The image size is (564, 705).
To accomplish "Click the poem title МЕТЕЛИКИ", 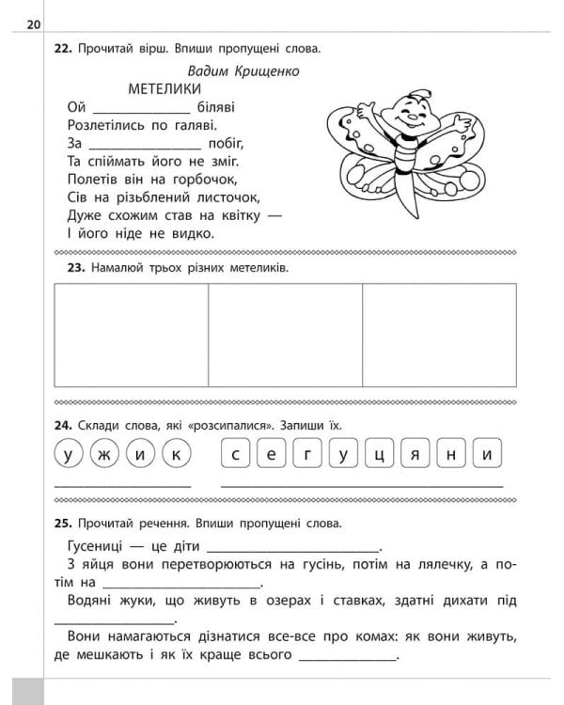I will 164,89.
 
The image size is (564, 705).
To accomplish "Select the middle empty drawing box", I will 285,335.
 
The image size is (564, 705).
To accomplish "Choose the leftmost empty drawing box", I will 131,335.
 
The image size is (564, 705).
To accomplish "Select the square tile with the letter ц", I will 378,455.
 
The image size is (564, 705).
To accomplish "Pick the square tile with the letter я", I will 414,455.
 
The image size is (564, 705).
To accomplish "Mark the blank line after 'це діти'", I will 292,547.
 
